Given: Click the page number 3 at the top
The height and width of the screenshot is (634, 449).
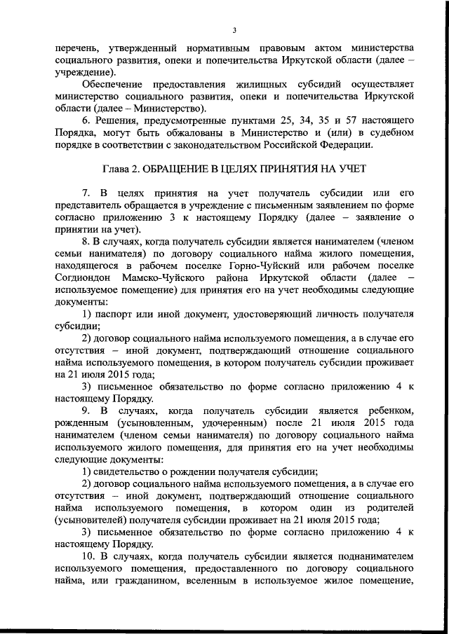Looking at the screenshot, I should coord(234,29).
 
